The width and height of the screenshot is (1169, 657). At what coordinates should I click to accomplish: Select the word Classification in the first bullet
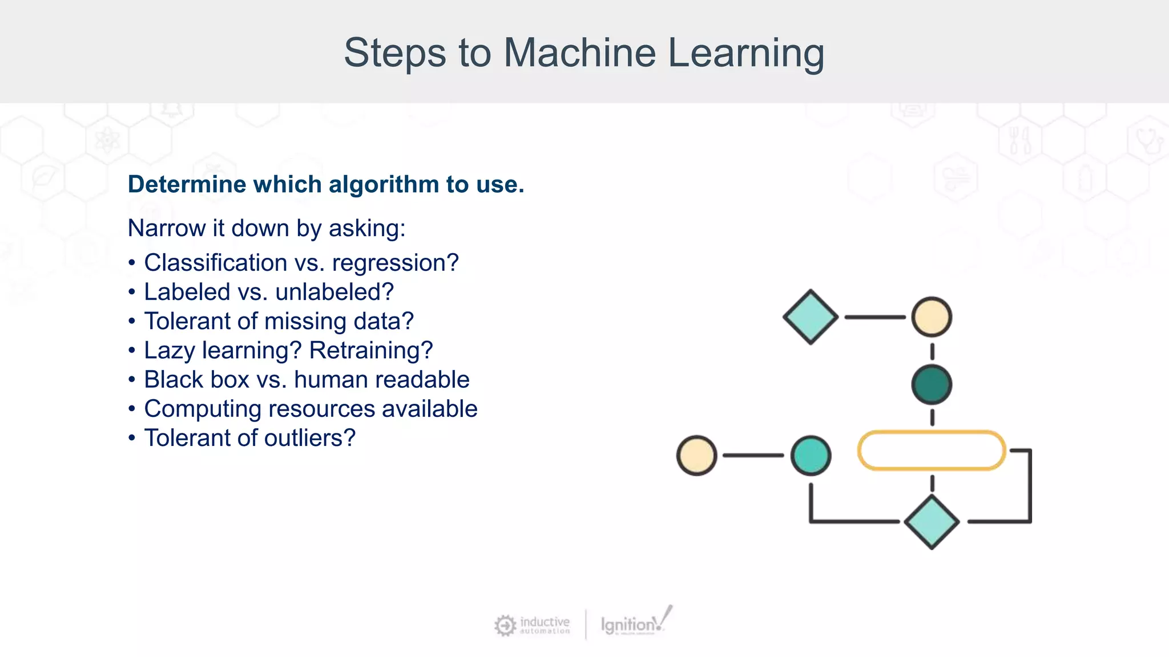click(x=215, y=263)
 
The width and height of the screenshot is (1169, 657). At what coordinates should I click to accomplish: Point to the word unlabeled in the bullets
click(x=334, y=292)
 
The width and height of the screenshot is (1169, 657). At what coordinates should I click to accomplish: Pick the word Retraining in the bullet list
click(x=370, y=350)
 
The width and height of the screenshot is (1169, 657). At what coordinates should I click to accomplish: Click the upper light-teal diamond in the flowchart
click(x=811, y=317)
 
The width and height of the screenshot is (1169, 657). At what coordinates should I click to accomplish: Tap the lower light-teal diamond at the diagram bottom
click(x=932, y=522)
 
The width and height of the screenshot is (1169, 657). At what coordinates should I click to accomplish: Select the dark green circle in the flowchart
click(x=932, y=385)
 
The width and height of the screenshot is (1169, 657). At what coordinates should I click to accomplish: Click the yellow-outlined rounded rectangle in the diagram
click(x=932, y=451)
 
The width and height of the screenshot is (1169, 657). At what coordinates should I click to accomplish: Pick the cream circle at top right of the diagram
click(x=932, y=317)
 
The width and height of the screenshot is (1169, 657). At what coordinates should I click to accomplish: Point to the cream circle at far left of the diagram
click(x=696, y=455)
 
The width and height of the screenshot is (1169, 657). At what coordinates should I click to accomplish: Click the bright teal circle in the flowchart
click(x=811, y=455)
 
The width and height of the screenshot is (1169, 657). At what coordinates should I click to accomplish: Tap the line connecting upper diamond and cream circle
click(x=874, y=317)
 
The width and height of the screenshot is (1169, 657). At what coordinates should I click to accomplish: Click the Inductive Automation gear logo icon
click(x=505, y=625)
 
